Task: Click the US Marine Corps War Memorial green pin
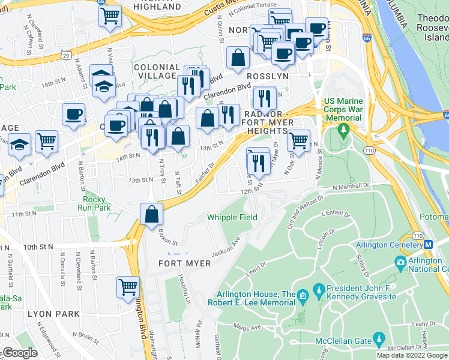(343, 129)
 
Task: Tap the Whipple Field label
(232, 217)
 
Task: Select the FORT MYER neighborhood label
(184, 263)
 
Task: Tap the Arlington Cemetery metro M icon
(429, 244)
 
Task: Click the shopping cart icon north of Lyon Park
(128, 287)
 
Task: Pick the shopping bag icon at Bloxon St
(152, 214)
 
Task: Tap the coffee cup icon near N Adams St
(73, 114)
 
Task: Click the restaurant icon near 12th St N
(258, 160)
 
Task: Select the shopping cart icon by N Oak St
(298, 141)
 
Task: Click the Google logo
(20, 352)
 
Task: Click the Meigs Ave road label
(252, 328)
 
